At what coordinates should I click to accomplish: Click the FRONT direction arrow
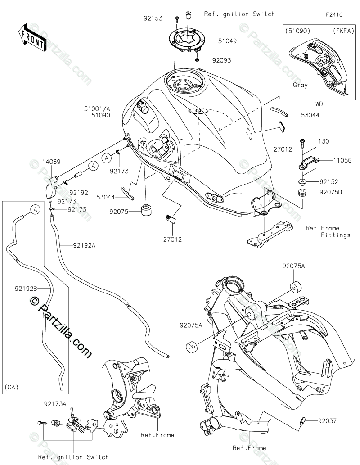click(32, 38)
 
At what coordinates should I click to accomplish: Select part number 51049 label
click(227, 41)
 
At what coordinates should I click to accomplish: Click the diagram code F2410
click(334, 14)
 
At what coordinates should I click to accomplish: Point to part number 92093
click(221, 60)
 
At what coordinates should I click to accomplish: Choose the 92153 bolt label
click(153, 18)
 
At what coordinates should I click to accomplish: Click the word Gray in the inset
click(300, 85)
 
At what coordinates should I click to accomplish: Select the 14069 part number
click(51, 162)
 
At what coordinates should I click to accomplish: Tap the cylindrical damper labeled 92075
click(146, 210)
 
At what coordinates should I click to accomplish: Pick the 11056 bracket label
click(342, 160)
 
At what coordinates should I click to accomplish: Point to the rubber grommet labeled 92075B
click(303, 193)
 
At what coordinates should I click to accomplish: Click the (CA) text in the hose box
click(12, 387)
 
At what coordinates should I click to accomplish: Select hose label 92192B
click(26, 288)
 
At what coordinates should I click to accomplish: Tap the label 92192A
click(84, 245)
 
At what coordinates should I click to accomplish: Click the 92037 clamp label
click(328, 420)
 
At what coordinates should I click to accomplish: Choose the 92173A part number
click(55, 404)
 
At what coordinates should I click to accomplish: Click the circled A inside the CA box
click(35, 210)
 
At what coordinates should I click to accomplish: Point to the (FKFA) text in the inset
click(343, 31)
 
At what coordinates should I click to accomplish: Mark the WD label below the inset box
click(319, 104)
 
